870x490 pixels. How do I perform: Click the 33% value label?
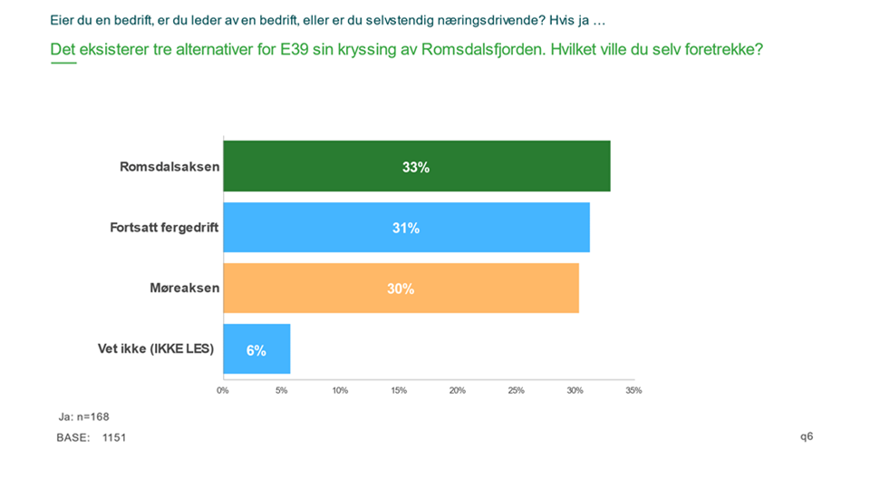(416, 167)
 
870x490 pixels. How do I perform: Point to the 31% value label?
(406, 228)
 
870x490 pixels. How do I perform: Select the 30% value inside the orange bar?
(401, 289)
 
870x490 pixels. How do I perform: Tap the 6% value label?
(256, 349)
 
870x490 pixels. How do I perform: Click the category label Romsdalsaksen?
(169, 167)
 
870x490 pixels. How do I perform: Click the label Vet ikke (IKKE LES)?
(156, 348)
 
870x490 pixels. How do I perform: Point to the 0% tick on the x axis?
(223, 391)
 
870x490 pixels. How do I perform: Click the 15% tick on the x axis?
(399, 391)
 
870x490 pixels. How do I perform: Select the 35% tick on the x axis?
(633, 391)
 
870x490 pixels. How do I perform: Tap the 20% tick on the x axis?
(458, 391)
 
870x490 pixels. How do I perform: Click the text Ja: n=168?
(84, 417)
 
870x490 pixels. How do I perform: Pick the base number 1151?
(114, 438)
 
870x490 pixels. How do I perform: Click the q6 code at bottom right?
(807, 436)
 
